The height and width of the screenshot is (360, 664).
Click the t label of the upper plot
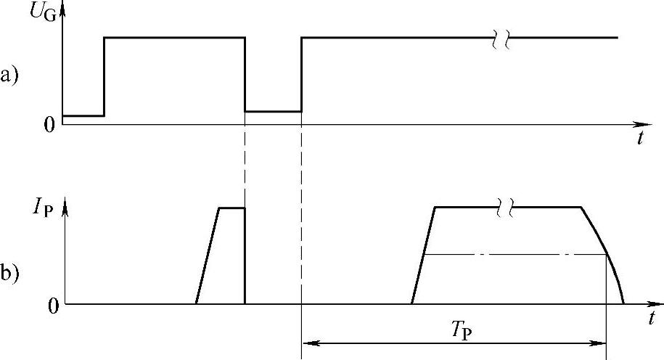(x=639, y=139)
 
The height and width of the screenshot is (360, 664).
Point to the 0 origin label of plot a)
(x=49, y=125)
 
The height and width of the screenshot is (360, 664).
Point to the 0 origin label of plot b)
(x=52, y=305)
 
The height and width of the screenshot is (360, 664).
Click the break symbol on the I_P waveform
(x=507, y=208)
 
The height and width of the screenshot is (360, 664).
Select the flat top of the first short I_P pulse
(x=231, y=208)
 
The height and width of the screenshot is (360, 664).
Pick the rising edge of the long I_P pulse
(x=422, y=255)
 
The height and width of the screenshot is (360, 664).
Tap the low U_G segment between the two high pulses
(x=273, y=111)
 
